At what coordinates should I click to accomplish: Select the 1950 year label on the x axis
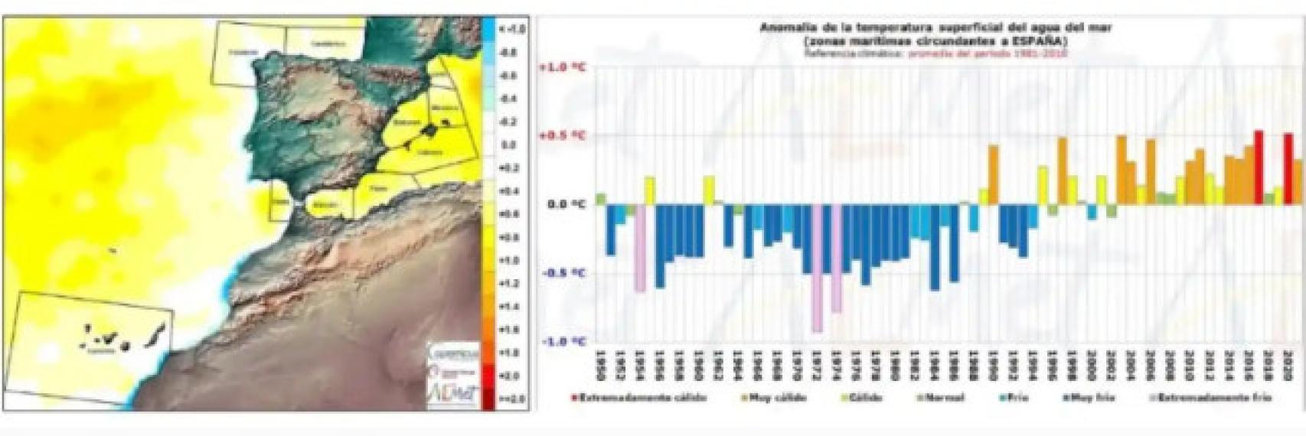(x=600, y=368)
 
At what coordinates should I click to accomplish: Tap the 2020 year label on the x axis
(x=1288, y=368)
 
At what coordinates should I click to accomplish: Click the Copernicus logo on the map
(x=452, y=353)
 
